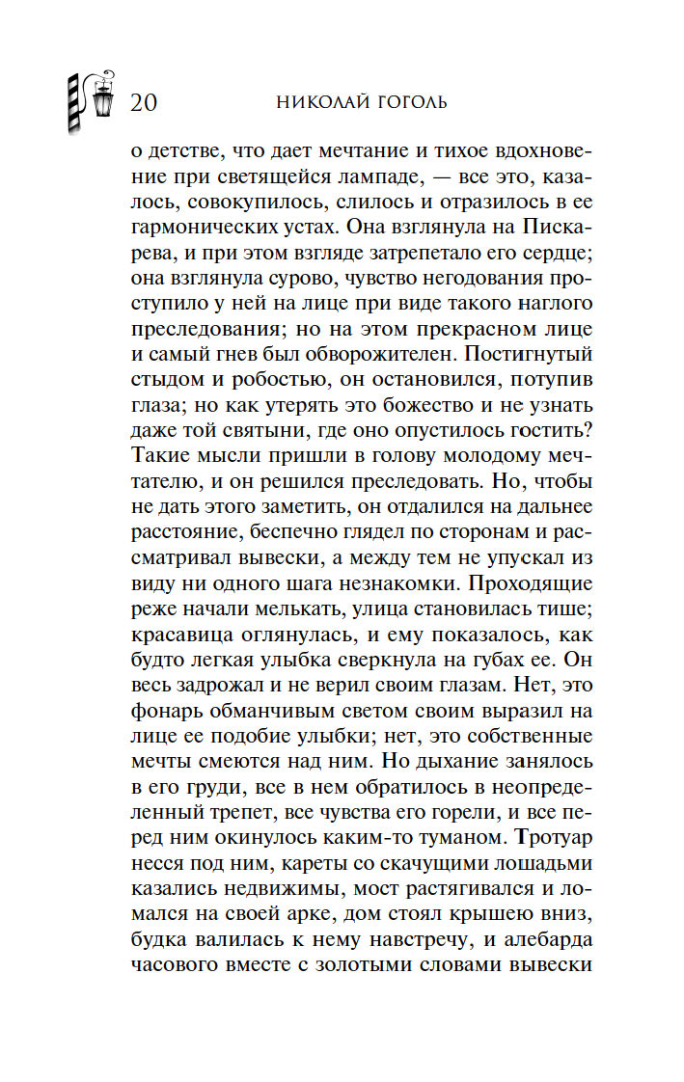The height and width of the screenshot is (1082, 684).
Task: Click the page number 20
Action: [143, 101]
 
